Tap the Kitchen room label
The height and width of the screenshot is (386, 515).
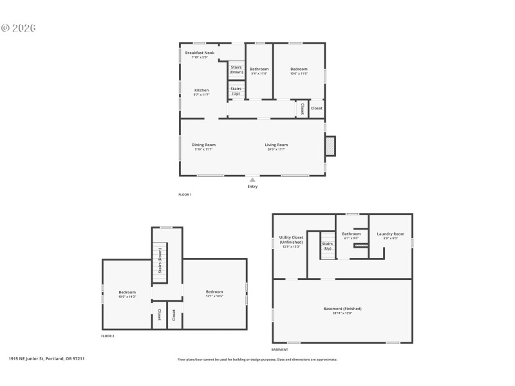pos(202,90)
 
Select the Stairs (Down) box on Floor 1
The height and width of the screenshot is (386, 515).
pos(236,69)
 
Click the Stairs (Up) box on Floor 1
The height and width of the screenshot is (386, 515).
pos(236,91)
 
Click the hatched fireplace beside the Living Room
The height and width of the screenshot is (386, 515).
pos(330,146)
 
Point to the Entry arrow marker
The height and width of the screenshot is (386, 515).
pos(252,181)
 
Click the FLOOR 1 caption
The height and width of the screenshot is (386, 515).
pos(185,194)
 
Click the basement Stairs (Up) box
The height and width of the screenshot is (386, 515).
pos(328,245)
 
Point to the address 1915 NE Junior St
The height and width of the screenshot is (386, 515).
pos(46,359)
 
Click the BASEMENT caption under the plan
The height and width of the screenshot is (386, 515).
pos(279,350)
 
